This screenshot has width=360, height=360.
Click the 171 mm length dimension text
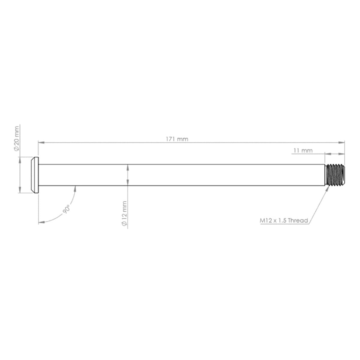177,139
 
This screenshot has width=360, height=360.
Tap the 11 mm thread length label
303,150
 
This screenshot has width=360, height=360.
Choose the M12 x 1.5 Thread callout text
284,220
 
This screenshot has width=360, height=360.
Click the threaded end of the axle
335,175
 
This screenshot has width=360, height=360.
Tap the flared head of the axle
34,175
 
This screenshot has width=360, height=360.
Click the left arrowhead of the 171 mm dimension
40,142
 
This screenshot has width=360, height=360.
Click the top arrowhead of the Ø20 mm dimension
20,160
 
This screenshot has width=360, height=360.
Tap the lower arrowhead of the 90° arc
41,222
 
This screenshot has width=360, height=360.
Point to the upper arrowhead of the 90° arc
75,189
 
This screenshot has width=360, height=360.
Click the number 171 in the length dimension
171,139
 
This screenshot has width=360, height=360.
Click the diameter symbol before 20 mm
16,148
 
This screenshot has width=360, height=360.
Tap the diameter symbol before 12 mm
124,224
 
